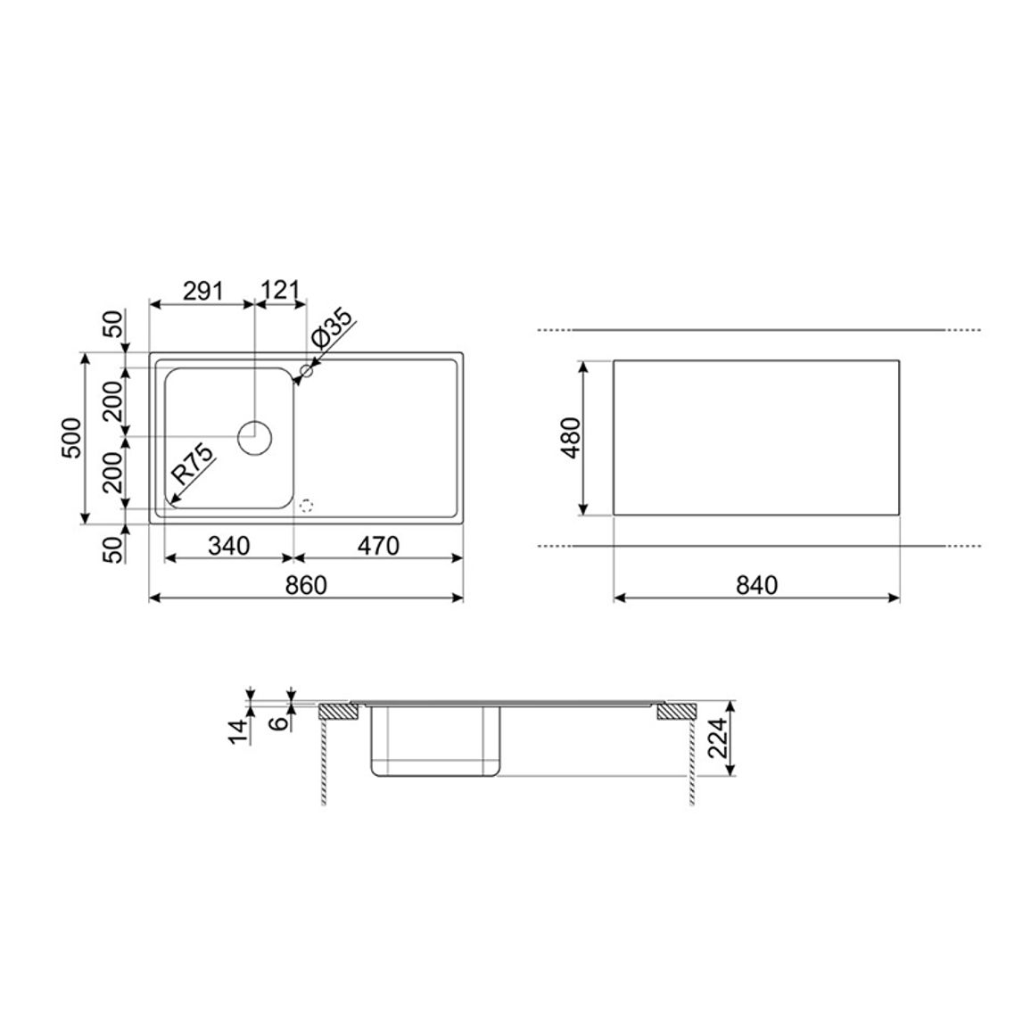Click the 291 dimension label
203,291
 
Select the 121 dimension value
281,291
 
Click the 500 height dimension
71,439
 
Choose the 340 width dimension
229,546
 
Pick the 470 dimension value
378,546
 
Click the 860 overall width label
306,585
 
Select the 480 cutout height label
570,438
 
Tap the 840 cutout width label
757,585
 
